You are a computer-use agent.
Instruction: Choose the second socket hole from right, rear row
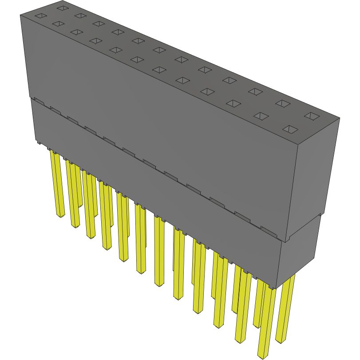tap(283, 103)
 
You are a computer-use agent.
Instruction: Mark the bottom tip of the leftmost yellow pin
tap(60, 216)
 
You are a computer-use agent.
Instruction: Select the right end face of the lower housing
tap(300, 251)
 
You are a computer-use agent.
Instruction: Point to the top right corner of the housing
tap(340, 118)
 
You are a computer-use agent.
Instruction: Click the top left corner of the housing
tap(20, 15)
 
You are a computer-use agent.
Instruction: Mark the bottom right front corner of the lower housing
tap(277, 289)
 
